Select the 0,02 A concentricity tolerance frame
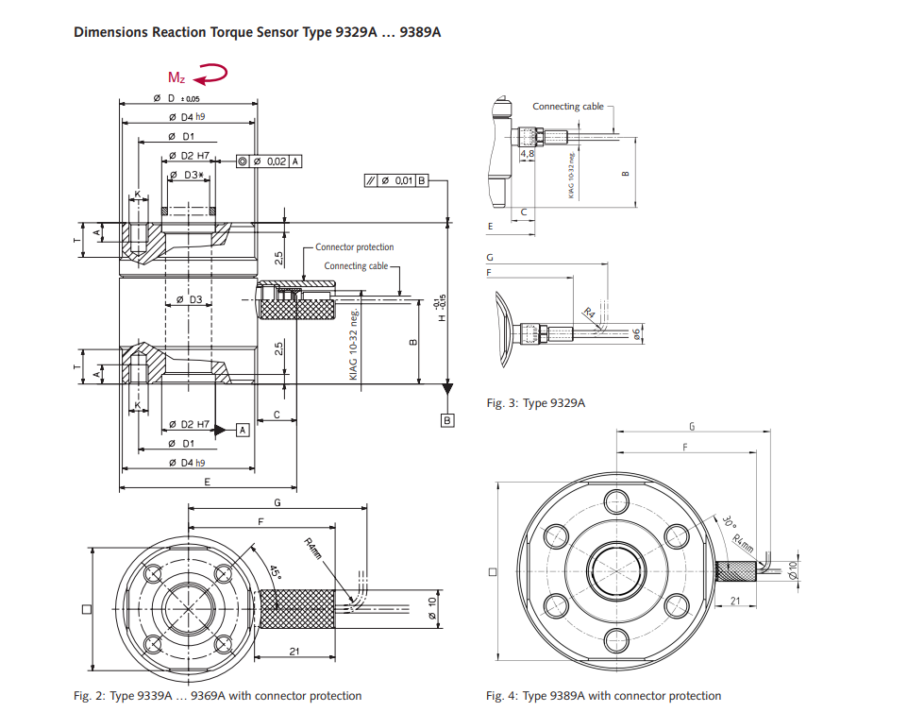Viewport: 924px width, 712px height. pos(270,161)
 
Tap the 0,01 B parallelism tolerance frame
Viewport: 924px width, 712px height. pos(396,180)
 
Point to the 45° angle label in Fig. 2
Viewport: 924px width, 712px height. pos(275,572)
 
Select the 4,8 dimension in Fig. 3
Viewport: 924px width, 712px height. pos(528,153)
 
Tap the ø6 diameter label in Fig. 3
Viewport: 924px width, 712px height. pos(639,333)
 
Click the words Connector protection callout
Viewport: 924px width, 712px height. pos(354,247)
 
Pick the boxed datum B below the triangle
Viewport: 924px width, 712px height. pos(448,419)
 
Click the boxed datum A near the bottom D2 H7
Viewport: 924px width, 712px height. pos(242,430)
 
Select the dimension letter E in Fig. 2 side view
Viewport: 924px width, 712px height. pos(207,482)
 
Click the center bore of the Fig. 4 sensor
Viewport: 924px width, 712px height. pos(616,569)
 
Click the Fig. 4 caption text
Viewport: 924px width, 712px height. pos(603,696)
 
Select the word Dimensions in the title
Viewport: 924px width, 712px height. pos(109,32)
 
